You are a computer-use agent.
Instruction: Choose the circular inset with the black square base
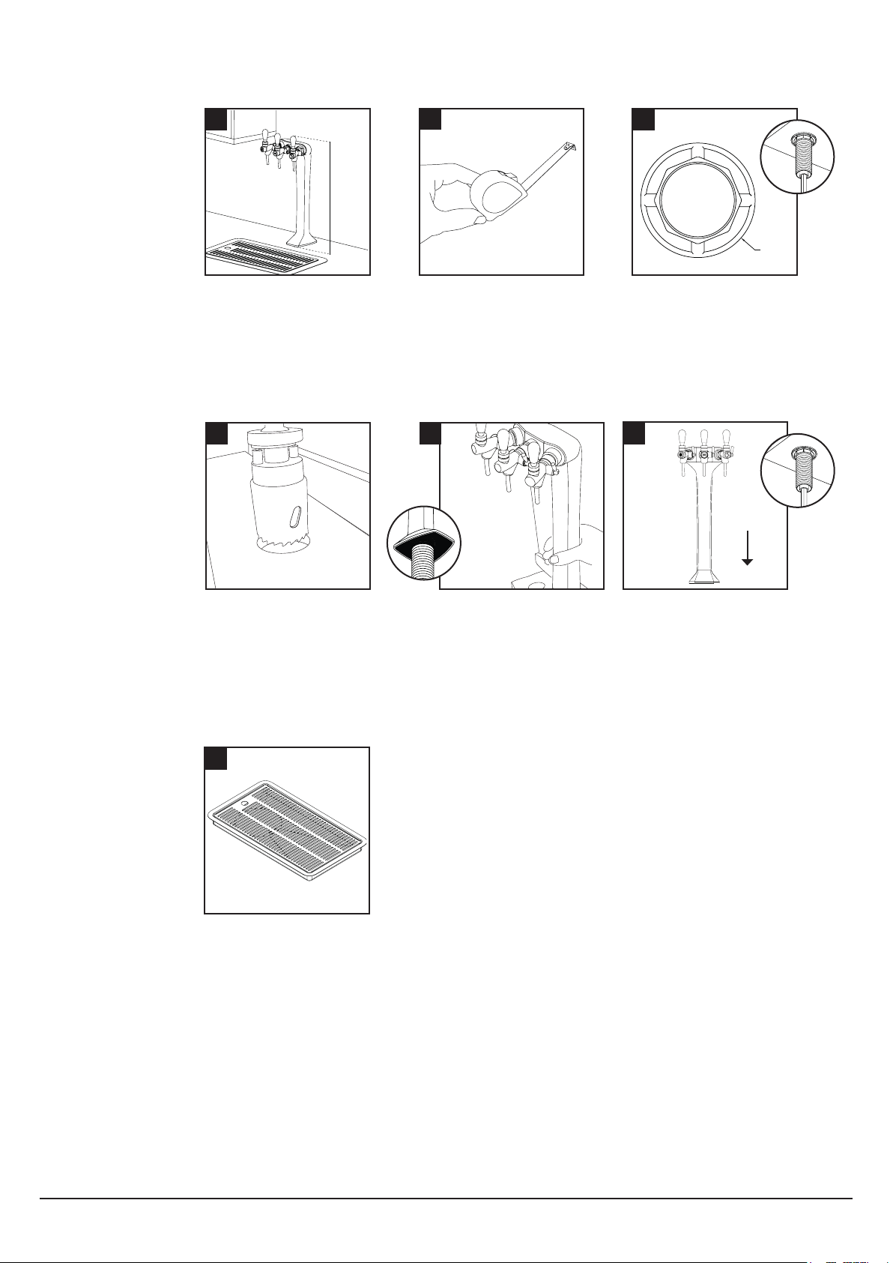tap(425, 546)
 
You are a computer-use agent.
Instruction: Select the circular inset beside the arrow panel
tap(797, 470)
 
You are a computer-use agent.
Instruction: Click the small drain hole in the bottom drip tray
tap(243, 800)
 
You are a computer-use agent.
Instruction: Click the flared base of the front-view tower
tap(704, 576)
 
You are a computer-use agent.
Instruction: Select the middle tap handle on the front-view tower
tap(704, 438)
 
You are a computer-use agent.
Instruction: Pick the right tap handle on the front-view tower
tap(727, 438)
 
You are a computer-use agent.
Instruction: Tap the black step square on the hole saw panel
tap(216, 433)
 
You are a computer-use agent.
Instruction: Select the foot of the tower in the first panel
tap(305, 240)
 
